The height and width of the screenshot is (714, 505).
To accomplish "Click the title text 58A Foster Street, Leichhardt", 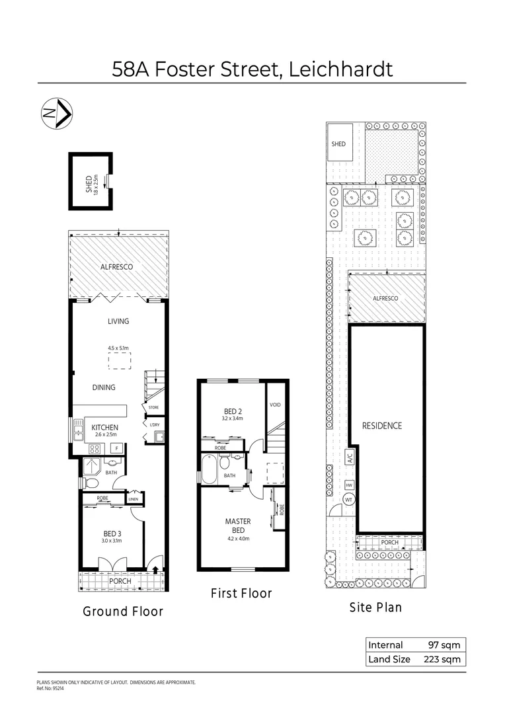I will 252,69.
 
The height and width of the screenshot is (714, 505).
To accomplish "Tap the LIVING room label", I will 118,321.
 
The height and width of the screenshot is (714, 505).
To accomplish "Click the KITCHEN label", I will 104,428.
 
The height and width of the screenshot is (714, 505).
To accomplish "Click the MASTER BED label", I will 238,526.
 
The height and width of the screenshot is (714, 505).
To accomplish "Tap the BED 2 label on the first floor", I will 233,411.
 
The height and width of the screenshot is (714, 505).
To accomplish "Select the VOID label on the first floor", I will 275,404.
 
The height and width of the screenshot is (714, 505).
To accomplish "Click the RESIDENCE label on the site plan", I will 381,426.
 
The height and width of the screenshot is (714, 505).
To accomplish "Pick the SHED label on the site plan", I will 338,143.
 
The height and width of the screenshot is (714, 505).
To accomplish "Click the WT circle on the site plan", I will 349,500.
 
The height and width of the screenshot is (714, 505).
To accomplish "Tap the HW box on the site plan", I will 349,485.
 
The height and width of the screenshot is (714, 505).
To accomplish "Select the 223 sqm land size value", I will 442,659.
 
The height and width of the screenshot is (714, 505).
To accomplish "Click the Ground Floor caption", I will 122,612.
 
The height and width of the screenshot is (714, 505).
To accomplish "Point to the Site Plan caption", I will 375,607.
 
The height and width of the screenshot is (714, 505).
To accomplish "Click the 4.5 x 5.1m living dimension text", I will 119,347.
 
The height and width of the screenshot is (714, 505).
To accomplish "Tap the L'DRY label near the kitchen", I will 155,424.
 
